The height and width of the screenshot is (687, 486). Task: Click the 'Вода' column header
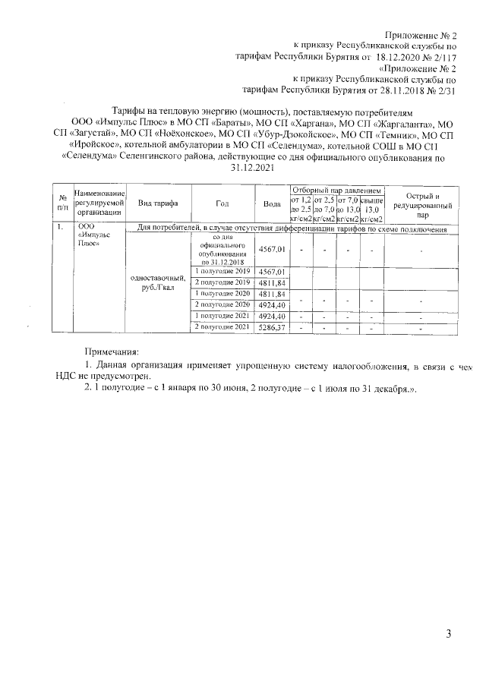(271, 204)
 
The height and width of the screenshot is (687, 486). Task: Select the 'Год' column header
(222, 204)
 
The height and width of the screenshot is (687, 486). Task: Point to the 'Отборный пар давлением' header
(336, 189)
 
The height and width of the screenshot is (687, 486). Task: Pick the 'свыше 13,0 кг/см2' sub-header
(371, 209)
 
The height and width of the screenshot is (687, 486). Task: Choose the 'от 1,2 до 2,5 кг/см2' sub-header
(301, 209)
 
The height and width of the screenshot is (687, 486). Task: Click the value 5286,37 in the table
(272, 348)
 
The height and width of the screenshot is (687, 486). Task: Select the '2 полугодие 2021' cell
(222, 348)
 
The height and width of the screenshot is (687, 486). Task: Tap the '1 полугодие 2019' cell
(222, 272)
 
